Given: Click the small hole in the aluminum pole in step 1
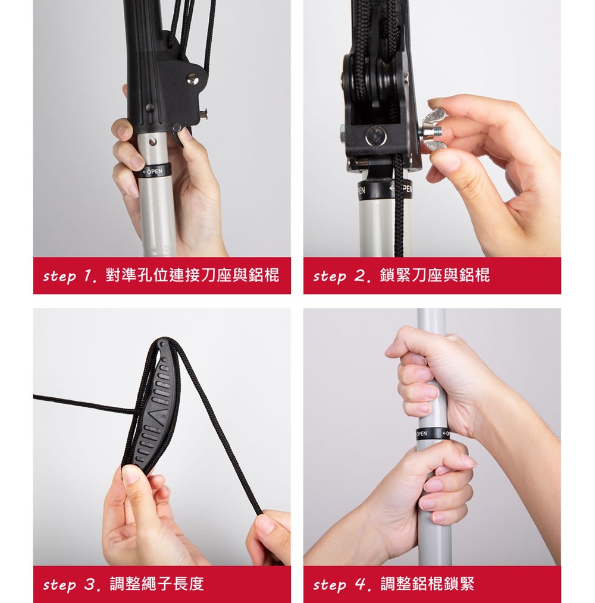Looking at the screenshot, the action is coord(153,142).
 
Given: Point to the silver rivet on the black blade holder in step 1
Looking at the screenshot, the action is coord(193,80).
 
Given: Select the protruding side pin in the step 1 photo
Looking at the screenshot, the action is coord(202,113).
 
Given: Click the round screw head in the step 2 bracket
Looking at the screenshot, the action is coord(375,136).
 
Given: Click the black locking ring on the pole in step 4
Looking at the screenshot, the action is coord(433,434).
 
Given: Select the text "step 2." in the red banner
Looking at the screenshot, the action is coord(342,276).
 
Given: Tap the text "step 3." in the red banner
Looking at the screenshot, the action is coord(71,585).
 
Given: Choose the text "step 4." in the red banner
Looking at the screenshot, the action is coord(342,585).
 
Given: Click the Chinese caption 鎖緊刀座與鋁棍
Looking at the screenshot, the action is coord(434,275).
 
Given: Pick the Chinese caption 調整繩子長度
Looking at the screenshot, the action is coord(156,584).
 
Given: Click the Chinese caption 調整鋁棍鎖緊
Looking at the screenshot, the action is coord(427,584).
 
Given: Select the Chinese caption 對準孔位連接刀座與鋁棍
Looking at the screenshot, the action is coord(192,275).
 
